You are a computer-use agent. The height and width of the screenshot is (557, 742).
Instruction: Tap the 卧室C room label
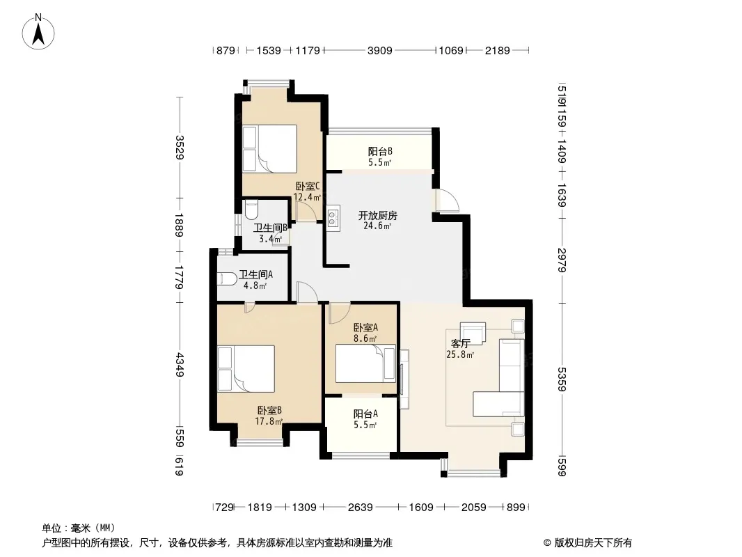tap(307, 186)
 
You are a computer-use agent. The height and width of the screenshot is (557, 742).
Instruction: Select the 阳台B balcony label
tap(380, 151)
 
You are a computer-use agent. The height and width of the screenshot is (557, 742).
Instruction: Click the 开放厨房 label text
tap(377, 215)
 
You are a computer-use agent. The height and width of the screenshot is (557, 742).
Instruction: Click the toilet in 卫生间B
tap(252, 208)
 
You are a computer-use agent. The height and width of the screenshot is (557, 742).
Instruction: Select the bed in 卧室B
tap(246, 368)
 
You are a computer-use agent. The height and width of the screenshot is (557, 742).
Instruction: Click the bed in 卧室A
tap(365, 364)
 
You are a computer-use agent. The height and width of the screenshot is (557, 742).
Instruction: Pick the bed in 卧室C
tap(269, 148)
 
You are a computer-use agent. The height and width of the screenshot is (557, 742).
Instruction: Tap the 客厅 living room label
tap(459, 344)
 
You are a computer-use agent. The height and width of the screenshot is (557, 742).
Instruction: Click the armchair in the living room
tap(473, 333)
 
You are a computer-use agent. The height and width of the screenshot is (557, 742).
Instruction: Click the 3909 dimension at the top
tap(379, 50)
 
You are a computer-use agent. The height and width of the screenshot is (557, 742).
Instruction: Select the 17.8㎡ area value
tap(269, 421)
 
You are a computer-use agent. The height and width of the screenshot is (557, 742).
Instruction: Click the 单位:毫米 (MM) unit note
tap(79, 527)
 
